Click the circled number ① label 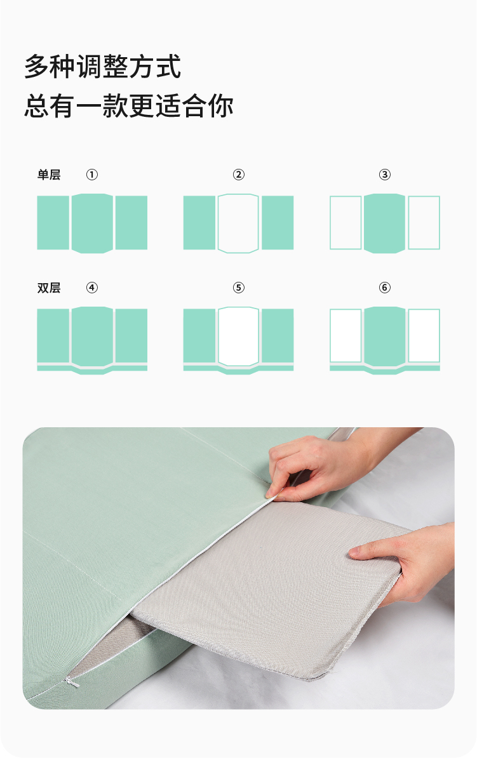[x=92, y=175]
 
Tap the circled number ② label [x=239, y=175]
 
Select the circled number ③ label [x=385, y=175]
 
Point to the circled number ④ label [x=92, y=288]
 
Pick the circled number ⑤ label [x=239, y=288]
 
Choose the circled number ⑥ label [x=385, y=288]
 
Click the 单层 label [x=49, y=175]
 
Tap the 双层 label [x=49, y=288]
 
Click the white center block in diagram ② [x=239, y=223]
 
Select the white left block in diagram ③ [x=346, y=223]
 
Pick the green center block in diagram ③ [x=385, y=223]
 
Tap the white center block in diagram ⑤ [x=239, y=336]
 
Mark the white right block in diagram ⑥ [x=424, y=335]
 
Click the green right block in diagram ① [x=131, y=223]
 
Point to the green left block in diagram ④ [x=53, y=335]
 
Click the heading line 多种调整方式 [x=102, y=67]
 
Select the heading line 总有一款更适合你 [x=129, y=106]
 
